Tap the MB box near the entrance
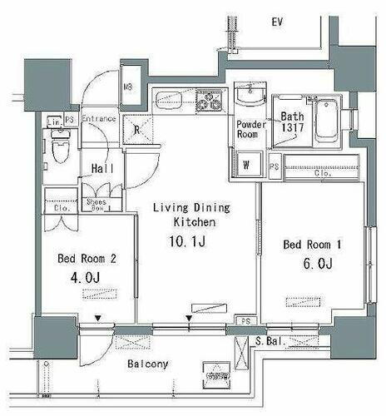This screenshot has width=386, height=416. (x=130, y=87)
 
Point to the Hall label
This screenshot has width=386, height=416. (x=102, y=169)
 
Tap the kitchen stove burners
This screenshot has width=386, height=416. (x=207, y=103)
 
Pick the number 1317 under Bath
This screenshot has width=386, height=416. (x=291, y=131)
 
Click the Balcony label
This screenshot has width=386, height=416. (x=148, y=364)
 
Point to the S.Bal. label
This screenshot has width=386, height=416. (x=273, y=341)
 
